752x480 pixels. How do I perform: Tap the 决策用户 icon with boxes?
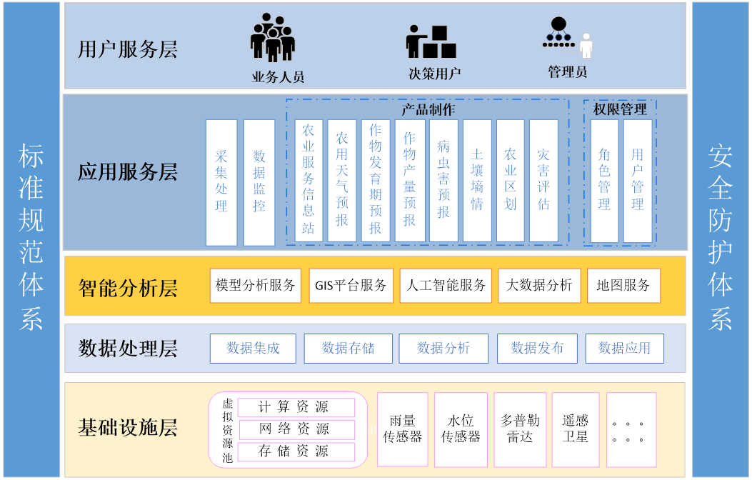click(431, 42)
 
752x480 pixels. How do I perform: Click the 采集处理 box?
click(221, 182)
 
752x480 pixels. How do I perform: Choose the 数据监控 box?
click(259, 182)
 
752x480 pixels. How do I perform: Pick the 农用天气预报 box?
click(342, 180)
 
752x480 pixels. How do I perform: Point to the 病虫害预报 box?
click(443, 180)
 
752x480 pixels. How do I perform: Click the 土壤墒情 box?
click(477, 180)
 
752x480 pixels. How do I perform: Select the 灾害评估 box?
click(543, 180)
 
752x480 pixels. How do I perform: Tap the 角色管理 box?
click(604, 180)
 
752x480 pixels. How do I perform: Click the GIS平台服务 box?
click(351, 286)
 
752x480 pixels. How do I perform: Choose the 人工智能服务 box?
click(446, 286)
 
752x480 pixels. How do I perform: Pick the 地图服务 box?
click(623, 286)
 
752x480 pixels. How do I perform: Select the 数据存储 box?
click(348, 349)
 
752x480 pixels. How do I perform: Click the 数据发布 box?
click(537, 349)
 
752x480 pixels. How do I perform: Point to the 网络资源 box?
click(296, 429)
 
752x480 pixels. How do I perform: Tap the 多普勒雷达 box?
click(520, 429)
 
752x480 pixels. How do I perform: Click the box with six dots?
click(631, 429)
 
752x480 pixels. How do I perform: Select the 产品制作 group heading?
click(428, 109)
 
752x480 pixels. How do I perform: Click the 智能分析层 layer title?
click(128, 289)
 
